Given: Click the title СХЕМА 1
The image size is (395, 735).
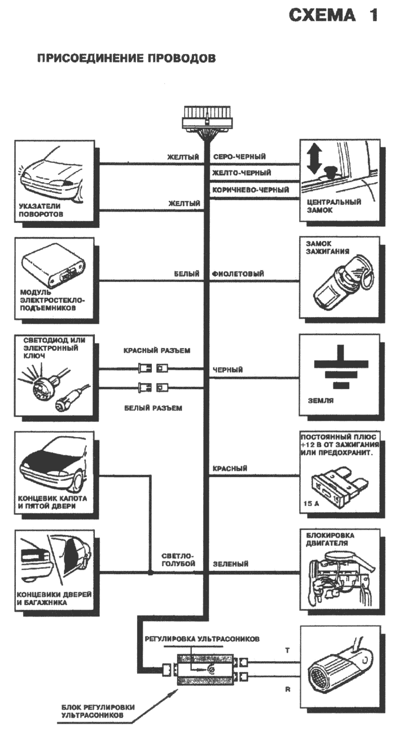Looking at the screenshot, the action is coord(333,16).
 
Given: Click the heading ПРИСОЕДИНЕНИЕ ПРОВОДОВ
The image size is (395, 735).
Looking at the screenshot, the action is coord(126,58).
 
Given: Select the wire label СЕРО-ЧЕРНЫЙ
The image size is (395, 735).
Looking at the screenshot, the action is coord(239,156).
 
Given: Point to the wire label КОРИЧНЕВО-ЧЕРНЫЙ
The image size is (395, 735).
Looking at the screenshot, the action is coord(251,190).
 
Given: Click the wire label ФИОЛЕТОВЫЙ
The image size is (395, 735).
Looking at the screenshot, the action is coord(238,274).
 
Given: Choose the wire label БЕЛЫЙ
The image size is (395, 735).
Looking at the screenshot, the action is coord(187,274).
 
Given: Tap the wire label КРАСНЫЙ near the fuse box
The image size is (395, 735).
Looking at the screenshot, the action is coord(230,469).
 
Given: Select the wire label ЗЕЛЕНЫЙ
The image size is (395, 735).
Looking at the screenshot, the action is coord(230,565).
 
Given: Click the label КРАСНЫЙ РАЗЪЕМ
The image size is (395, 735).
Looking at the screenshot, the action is coord(157,350).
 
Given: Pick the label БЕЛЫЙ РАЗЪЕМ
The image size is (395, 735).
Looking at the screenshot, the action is coord(153,408).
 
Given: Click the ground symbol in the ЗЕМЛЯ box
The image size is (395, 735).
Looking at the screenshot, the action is coord(341,367).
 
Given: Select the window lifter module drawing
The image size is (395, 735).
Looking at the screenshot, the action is coord(54,268).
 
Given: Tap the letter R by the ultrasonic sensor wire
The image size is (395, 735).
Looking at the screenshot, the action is coord(288,689).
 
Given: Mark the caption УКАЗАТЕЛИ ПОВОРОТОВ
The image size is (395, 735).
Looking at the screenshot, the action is coord(41,210).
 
